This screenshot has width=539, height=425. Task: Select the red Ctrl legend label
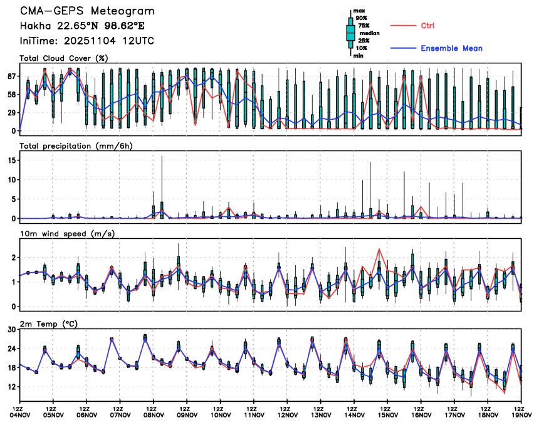(428, 26)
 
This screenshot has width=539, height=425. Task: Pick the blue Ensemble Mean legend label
(451, 48)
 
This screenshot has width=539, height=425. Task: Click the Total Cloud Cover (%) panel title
(64, 58)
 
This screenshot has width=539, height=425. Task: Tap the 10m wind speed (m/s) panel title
(69, 234)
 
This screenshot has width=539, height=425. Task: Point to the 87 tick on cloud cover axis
(11, 76)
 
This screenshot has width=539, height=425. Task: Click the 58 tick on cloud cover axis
(11, 94)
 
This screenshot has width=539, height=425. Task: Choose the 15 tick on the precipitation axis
(11, 160)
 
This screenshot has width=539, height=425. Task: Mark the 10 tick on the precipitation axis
(11, 179)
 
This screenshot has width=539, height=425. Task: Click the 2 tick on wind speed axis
(13, 258)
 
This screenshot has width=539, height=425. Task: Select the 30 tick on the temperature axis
(11, 329)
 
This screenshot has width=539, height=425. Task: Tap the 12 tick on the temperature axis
(11, 387)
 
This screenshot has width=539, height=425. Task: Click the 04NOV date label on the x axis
(20, 414)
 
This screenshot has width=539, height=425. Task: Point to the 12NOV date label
(288, 414)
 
